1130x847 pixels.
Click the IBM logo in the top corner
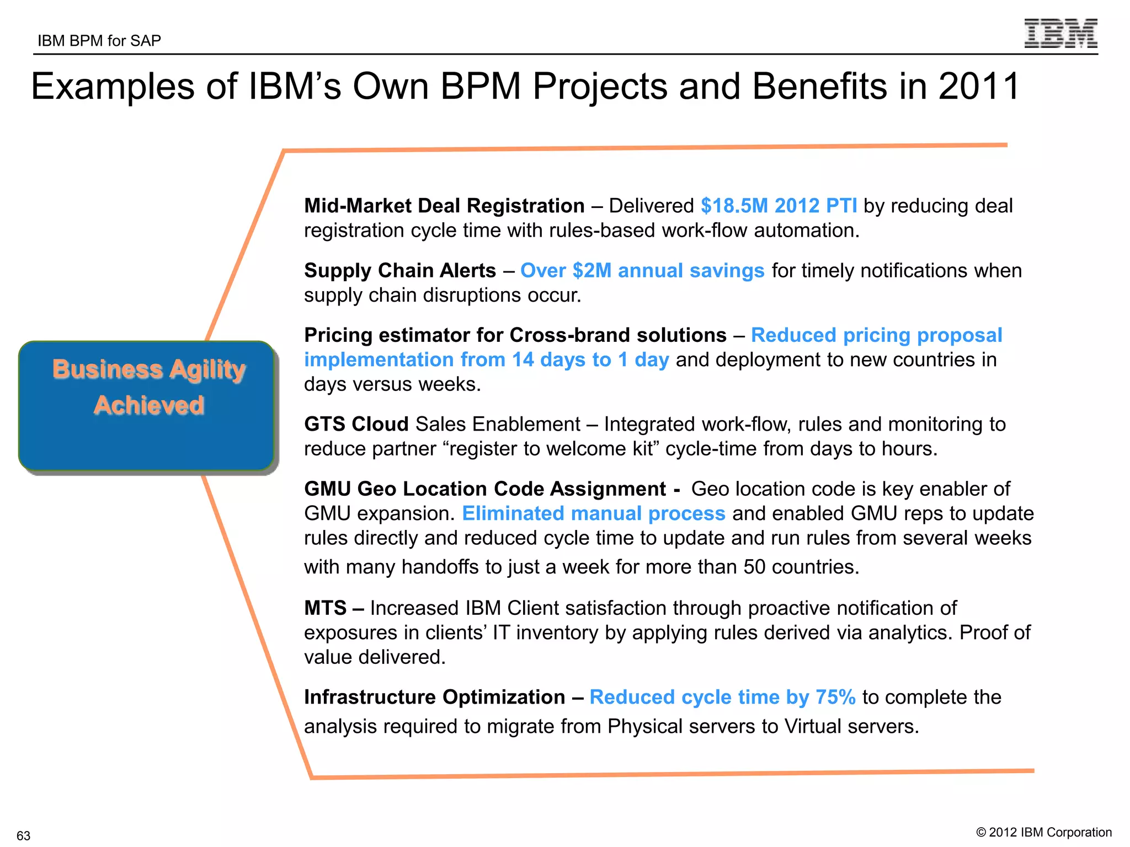point(1060,34)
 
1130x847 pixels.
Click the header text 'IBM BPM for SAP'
point(99,41)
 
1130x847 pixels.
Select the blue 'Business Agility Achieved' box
point(147,406)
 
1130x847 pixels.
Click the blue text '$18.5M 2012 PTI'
point(779,206)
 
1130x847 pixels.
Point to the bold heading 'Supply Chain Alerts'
point(400,271)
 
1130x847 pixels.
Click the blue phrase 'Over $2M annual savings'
point(642,271)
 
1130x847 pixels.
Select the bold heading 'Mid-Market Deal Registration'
point(444,206)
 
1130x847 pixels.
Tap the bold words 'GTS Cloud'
point(356,424)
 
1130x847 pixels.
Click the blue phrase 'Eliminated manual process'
point(593,513)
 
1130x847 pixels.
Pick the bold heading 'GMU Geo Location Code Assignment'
point(485,489)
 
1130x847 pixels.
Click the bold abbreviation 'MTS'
point(325,608)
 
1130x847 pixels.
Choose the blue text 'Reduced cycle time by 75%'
point(722,698)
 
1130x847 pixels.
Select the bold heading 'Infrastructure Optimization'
point(434,698)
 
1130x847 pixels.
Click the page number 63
point(23,835)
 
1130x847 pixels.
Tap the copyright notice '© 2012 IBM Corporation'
point(1043,833)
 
